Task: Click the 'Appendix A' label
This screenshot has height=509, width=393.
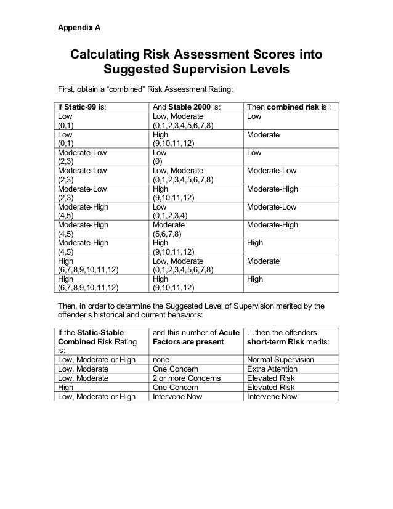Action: click(79, 28)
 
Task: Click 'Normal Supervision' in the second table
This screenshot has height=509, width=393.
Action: click(280, 359)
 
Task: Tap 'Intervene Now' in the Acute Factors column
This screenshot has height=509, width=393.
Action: click(176, 396)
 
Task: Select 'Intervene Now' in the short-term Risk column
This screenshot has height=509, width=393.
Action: click(272, 396)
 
